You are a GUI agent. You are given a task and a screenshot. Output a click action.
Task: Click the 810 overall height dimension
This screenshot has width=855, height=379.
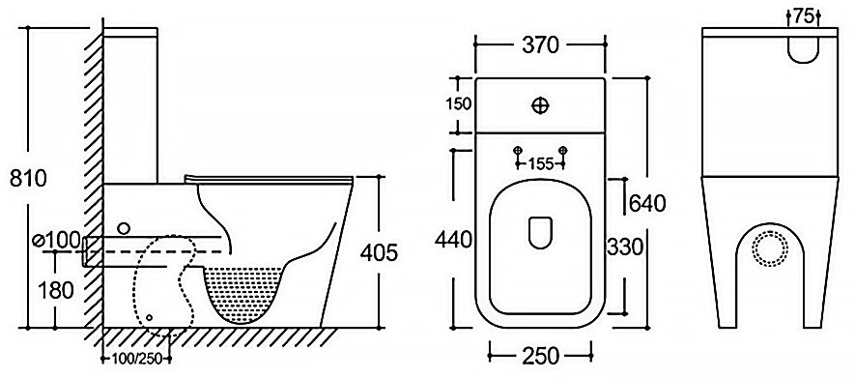pos(28,178)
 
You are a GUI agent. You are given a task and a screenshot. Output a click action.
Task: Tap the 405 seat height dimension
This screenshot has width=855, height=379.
pos(380,252)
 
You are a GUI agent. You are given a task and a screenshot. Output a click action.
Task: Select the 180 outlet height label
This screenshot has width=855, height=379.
pos(56,290)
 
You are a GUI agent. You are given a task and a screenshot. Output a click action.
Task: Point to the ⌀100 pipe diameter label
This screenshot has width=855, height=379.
pos(56,241)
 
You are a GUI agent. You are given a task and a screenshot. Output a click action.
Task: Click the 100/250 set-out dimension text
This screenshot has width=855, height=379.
pos(137,359)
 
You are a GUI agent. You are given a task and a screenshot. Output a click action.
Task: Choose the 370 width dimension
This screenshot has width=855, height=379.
pos(540,45)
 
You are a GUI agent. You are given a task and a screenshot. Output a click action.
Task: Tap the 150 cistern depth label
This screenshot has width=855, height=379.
pos(459,103)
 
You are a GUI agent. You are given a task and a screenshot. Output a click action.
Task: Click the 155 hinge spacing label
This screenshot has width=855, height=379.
pos(541,163)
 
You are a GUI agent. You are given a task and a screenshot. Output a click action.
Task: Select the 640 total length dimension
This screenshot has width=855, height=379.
pos(648,203)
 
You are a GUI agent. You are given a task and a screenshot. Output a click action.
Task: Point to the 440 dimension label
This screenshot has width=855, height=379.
pos(453,240)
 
